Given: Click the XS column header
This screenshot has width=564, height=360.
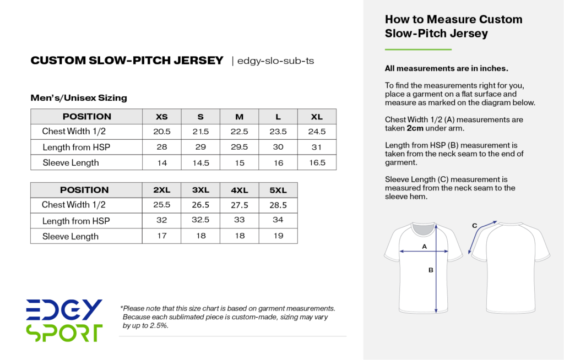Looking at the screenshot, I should tap(162, 117).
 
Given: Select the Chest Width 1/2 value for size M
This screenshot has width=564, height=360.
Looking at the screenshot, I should tap(239, 132).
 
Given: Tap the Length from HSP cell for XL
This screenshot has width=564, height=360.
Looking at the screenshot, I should tap(317, 147).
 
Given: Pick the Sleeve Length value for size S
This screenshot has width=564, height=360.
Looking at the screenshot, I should tap(200, 162).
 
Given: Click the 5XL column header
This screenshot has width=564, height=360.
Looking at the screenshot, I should tap(278, 190).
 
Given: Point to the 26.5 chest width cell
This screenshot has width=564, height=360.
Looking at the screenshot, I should tap(200, 205).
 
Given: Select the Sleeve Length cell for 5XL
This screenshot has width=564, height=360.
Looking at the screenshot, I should tap(278, 236).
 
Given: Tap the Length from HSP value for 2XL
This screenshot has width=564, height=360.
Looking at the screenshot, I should tap(162, 221).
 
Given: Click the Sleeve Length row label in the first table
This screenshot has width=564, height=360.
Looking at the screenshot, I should tap(70, 162).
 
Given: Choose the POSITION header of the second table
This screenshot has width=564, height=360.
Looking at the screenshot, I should tap(84, 190).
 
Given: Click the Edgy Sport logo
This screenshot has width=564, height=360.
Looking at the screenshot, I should tap(64, 320).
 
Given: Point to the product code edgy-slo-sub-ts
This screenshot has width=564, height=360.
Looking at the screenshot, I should tap(275, 61).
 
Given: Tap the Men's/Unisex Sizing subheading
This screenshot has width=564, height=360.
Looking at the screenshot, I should tap(79, 98).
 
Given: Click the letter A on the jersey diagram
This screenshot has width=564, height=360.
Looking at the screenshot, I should tap(424, 247).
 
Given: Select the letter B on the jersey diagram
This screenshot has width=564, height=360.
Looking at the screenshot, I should tap(431, 270).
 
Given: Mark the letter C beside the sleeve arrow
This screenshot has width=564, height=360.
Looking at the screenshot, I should tap(475, 226).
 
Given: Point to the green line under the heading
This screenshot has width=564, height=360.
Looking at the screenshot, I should tap(417, 50).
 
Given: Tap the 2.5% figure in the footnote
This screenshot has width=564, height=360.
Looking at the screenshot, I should tap(159, 325).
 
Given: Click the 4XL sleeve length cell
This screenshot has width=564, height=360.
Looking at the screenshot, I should tap(239, 236).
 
